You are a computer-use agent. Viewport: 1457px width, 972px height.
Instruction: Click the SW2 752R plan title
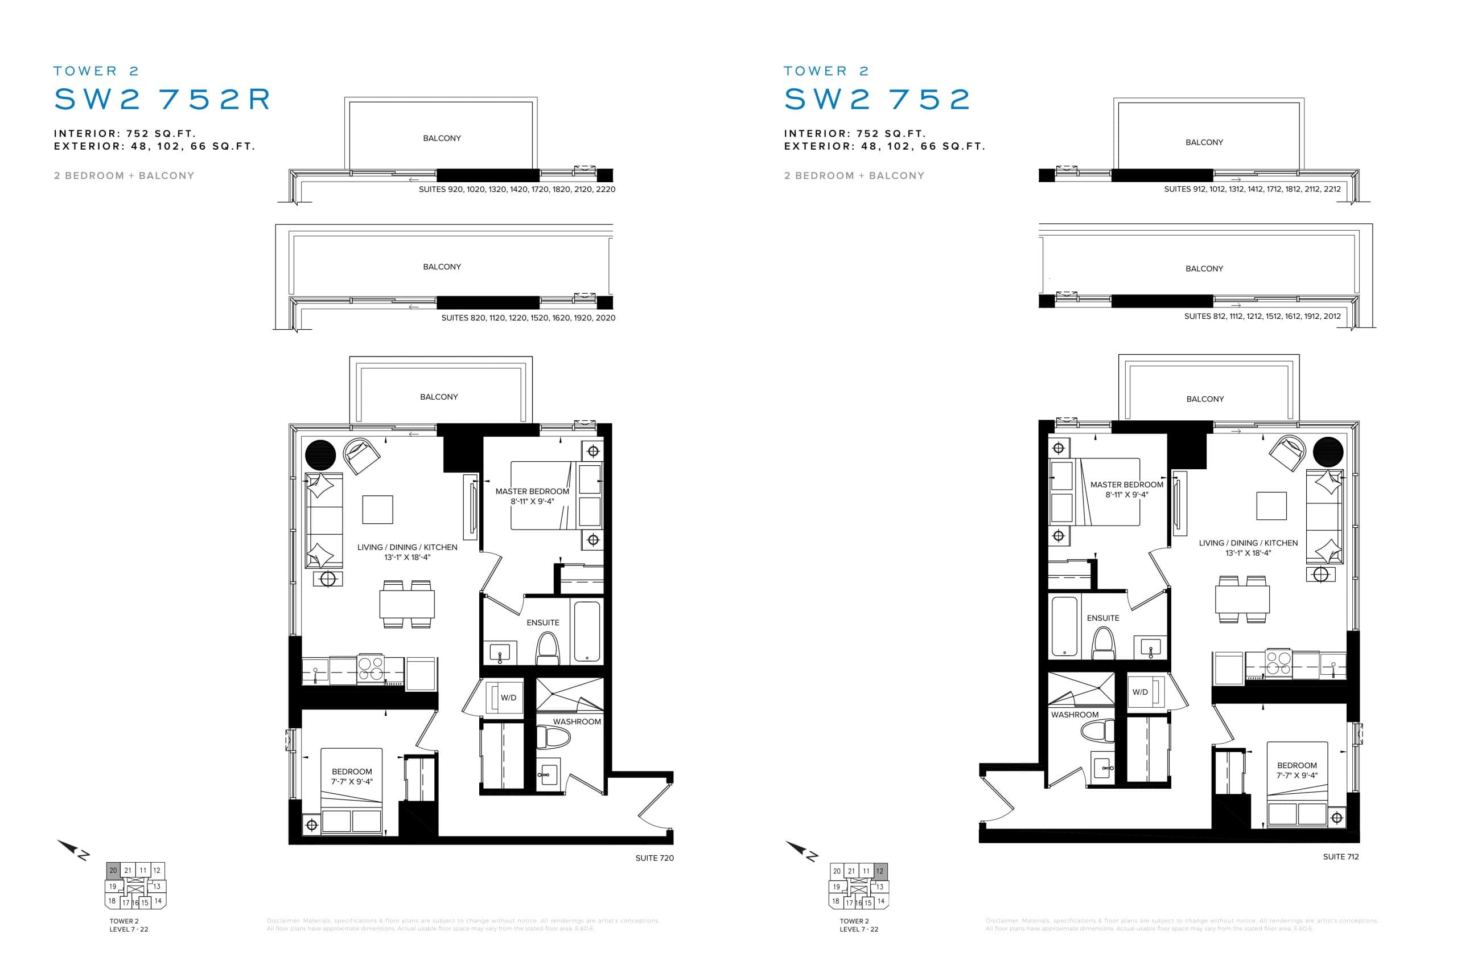tap(162, 99)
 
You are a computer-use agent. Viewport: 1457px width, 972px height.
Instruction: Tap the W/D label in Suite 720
tap(508, 698)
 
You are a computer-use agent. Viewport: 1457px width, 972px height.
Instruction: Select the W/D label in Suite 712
tap(1140, 692)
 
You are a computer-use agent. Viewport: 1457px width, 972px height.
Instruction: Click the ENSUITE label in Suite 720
tap(542, 622)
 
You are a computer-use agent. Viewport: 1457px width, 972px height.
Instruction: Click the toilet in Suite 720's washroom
tap(553, 737)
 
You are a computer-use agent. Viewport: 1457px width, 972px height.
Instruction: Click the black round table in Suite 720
tap(320, 455)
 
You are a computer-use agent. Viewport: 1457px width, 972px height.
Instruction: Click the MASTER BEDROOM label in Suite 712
tap(1126, 485)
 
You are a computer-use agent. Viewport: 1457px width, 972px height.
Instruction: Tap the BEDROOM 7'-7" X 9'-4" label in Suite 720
tap(351, 776)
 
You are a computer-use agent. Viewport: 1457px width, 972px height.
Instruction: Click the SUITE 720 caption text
tap(654, 858)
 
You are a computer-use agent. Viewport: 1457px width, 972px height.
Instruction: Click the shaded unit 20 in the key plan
tap(113, 870)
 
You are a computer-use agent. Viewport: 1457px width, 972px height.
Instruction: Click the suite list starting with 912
tap(1252, 189)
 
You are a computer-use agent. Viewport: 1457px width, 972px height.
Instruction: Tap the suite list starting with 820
tap(528, 317)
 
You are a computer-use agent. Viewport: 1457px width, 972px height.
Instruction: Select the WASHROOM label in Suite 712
tap(1074, 715)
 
